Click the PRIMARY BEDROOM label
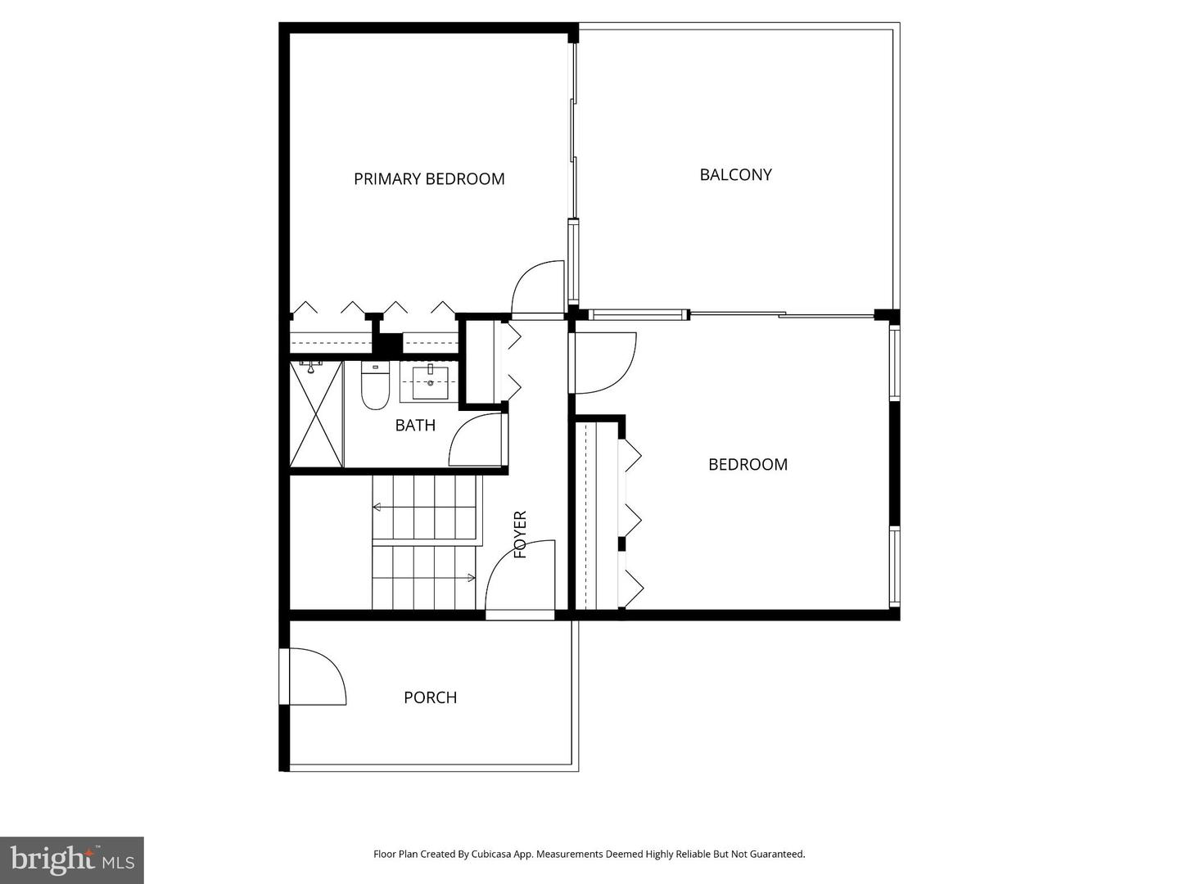coord(429,178)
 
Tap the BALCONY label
coord(735,174)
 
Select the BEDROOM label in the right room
coord(748,464)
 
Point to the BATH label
coord(415,425)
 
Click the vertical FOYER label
coord(520,534)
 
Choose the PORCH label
coord(430,697)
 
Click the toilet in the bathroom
coord(375,386)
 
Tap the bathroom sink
coord(430,382)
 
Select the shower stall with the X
coord(316,415)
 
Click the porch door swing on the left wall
coord(315,676)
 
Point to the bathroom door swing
coord(477,440)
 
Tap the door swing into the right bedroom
coord(604,363)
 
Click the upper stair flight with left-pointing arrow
coord(424,508)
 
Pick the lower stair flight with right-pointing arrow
coord(424,578)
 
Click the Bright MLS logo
coord(72,859)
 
